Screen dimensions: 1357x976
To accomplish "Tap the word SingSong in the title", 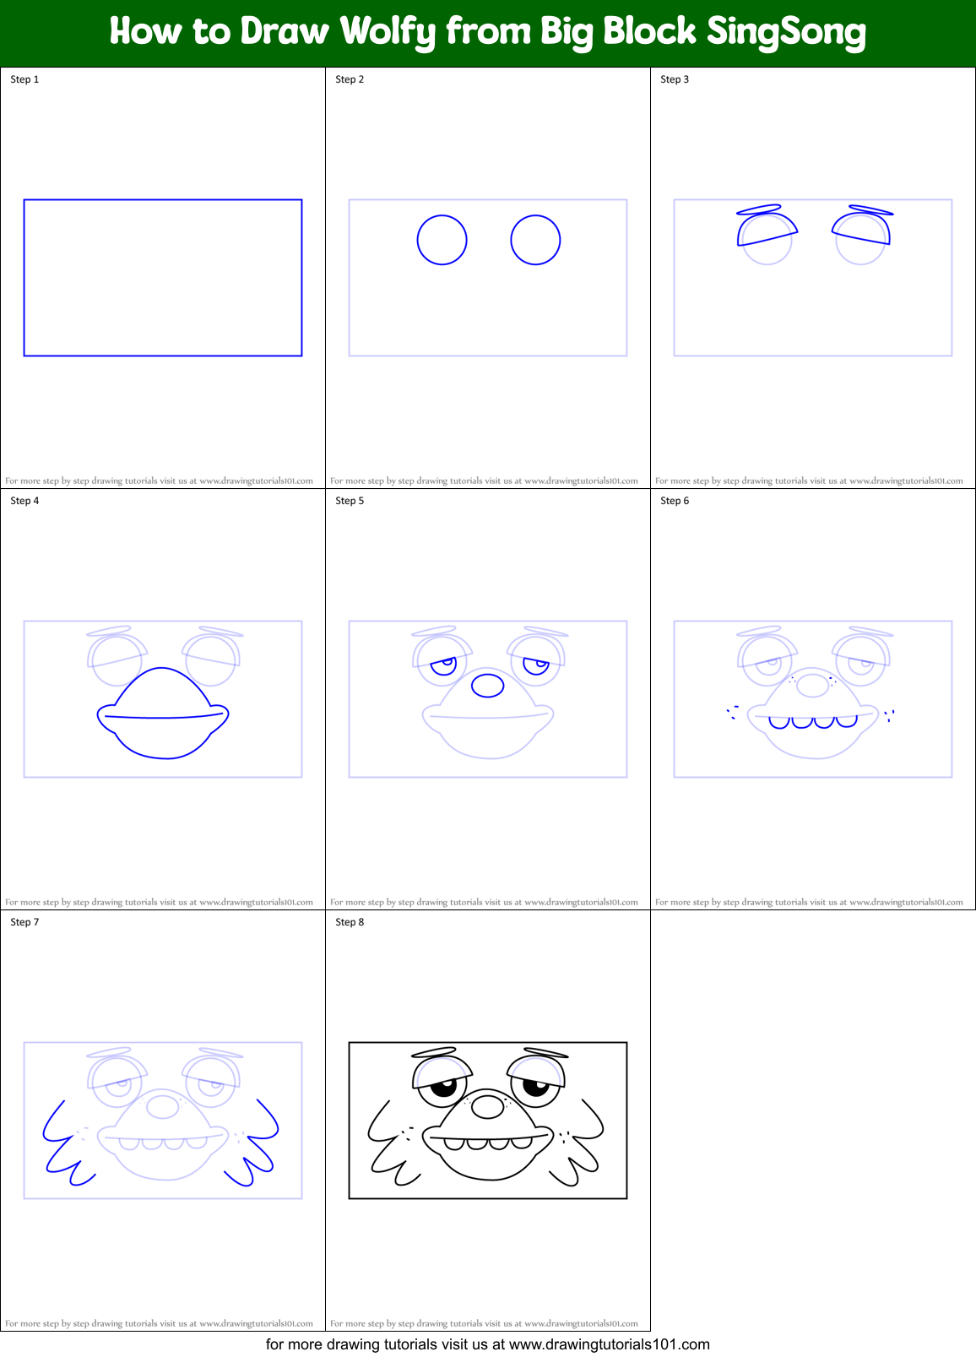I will click(786, 32).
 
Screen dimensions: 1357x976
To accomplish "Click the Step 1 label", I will click(24, 79).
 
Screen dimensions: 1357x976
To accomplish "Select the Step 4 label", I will click(24, 501).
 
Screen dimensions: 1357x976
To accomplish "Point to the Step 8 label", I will click(350, 922).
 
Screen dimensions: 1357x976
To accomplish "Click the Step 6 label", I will click(675, 501).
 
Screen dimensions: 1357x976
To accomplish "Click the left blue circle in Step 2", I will click(442, 240).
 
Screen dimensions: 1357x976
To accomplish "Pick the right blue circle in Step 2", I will click(535, 240).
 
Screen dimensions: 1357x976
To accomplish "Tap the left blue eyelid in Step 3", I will click(766, 229).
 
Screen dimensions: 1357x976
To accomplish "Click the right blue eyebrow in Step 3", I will click(870, 210).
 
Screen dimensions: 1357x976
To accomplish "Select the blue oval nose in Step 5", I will click(487, 685).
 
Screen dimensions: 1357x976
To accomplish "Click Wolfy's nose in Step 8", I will click(487, 1105).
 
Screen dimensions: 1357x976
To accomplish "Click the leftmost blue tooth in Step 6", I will click(778, 722).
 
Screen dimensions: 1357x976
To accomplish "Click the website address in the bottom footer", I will click(610, 1344).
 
